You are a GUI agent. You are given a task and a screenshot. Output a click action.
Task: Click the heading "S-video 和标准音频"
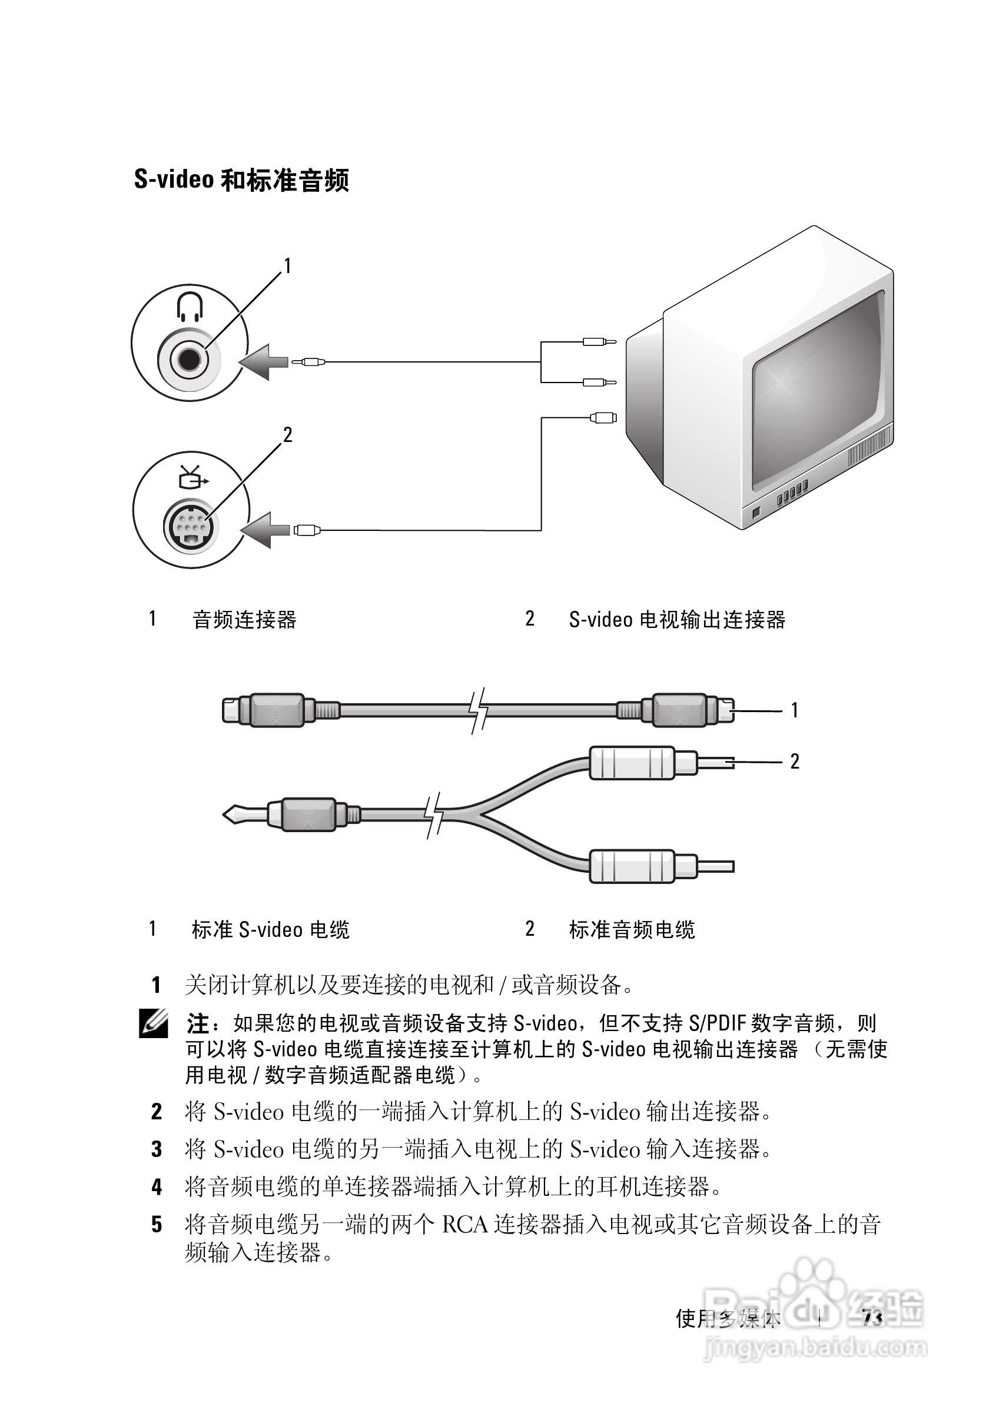click(241, 180)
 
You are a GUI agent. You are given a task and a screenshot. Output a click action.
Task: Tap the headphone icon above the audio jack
click(190, 307)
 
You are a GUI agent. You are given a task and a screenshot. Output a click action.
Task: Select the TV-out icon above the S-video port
click(192, 477)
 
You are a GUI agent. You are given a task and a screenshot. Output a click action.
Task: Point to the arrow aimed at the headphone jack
click(264, 362)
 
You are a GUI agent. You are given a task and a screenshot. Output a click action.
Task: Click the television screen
click(818, 391)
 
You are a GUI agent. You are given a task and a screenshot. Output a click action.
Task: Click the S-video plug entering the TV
click(603, 418)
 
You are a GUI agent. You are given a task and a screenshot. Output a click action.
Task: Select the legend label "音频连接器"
click(244, 620)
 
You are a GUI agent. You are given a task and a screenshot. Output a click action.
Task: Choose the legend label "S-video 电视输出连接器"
click(676, 620)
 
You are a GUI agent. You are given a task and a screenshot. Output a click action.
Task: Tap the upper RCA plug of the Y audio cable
click(633, 763)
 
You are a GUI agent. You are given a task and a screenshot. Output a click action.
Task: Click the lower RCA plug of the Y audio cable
click(633, 866)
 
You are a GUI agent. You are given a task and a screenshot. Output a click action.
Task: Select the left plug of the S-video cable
click(269, 710)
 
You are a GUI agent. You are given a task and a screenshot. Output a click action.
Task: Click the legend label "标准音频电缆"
click(632, 930)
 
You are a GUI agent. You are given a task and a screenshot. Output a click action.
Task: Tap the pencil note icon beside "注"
click(154, 1023)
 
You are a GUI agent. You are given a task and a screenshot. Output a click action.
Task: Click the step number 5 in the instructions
click(157, 1225)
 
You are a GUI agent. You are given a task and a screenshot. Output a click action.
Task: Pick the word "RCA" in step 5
click(464, 1225)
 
